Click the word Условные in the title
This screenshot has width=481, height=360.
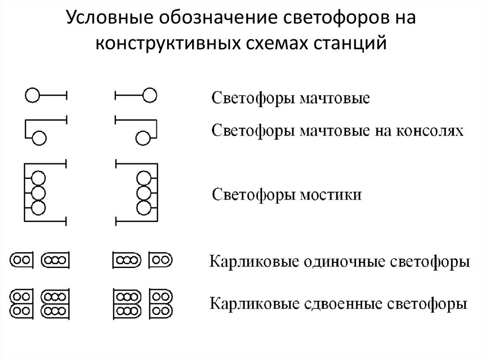pyautogui.click(x=110, y=18)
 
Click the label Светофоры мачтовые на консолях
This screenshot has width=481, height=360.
pyautogui.click(x=337, y=131)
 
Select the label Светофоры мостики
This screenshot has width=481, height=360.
pyautogui.click(x=287, y=195)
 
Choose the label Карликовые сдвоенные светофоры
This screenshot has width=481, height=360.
pyautogui.click(x=338, y=304)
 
